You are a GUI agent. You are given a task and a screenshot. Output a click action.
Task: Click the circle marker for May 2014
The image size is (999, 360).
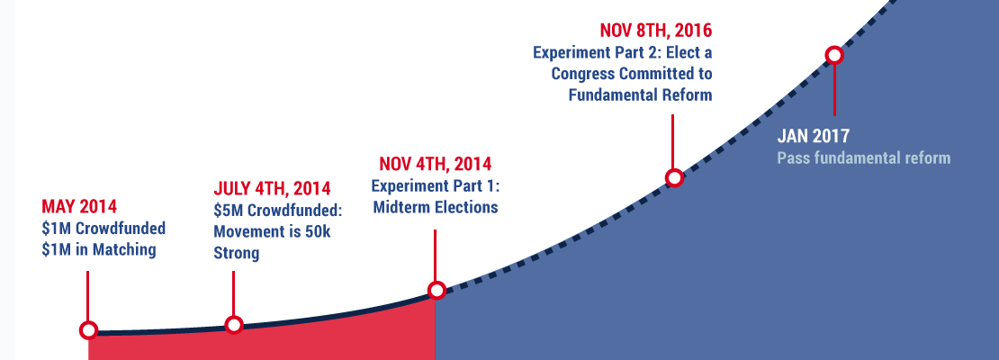click(x=88, y=330)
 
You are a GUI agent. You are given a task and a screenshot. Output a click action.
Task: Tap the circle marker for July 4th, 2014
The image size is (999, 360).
click(x=234, y=325)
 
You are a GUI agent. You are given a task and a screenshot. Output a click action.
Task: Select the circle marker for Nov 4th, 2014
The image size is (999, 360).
click(x=436, y=291)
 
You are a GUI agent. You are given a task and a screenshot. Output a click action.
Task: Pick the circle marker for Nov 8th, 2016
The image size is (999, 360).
click(x=674, y=178)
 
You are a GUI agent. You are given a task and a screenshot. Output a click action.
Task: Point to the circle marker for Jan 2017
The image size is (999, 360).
click(x=834, y=56)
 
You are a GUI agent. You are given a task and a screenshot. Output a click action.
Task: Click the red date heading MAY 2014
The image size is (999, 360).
click(x=79, y=206)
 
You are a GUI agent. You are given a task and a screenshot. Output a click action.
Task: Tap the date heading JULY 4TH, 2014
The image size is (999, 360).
click(x=272, y=189)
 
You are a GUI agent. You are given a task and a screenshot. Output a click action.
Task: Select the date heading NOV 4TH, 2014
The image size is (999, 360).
click(x=436, y=164)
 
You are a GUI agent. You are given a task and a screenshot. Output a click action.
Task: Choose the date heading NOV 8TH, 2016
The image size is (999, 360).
click(x=655, y=30)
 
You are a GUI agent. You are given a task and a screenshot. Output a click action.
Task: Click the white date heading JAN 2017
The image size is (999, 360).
click(x=814, y=136)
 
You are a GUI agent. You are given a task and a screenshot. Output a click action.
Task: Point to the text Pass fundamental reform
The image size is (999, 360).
click(x=863, y=157)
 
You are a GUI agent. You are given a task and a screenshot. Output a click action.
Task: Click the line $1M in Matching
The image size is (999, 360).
click(x=99, y=250)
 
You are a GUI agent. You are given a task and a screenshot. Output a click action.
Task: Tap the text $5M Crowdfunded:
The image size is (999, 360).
click(x=278, y=211)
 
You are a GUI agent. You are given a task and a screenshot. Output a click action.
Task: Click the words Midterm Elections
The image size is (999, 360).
click(x=436, y=208)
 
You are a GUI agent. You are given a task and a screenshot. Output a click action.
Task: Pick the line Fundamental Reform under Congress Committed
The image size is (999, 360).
click(x=640, y=95)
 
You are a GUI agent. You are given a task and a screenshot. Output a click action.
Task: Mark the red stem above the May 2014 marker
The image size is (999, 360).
click(x=87, y=296)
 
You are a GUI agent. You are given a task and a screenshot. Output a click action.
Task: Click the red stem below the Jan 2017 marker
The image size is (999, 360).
click(x=834, y=90)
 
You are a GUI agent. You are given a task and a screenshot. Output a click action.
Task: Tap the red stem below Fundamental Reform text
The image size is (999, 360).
click(x=673, y=142)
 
